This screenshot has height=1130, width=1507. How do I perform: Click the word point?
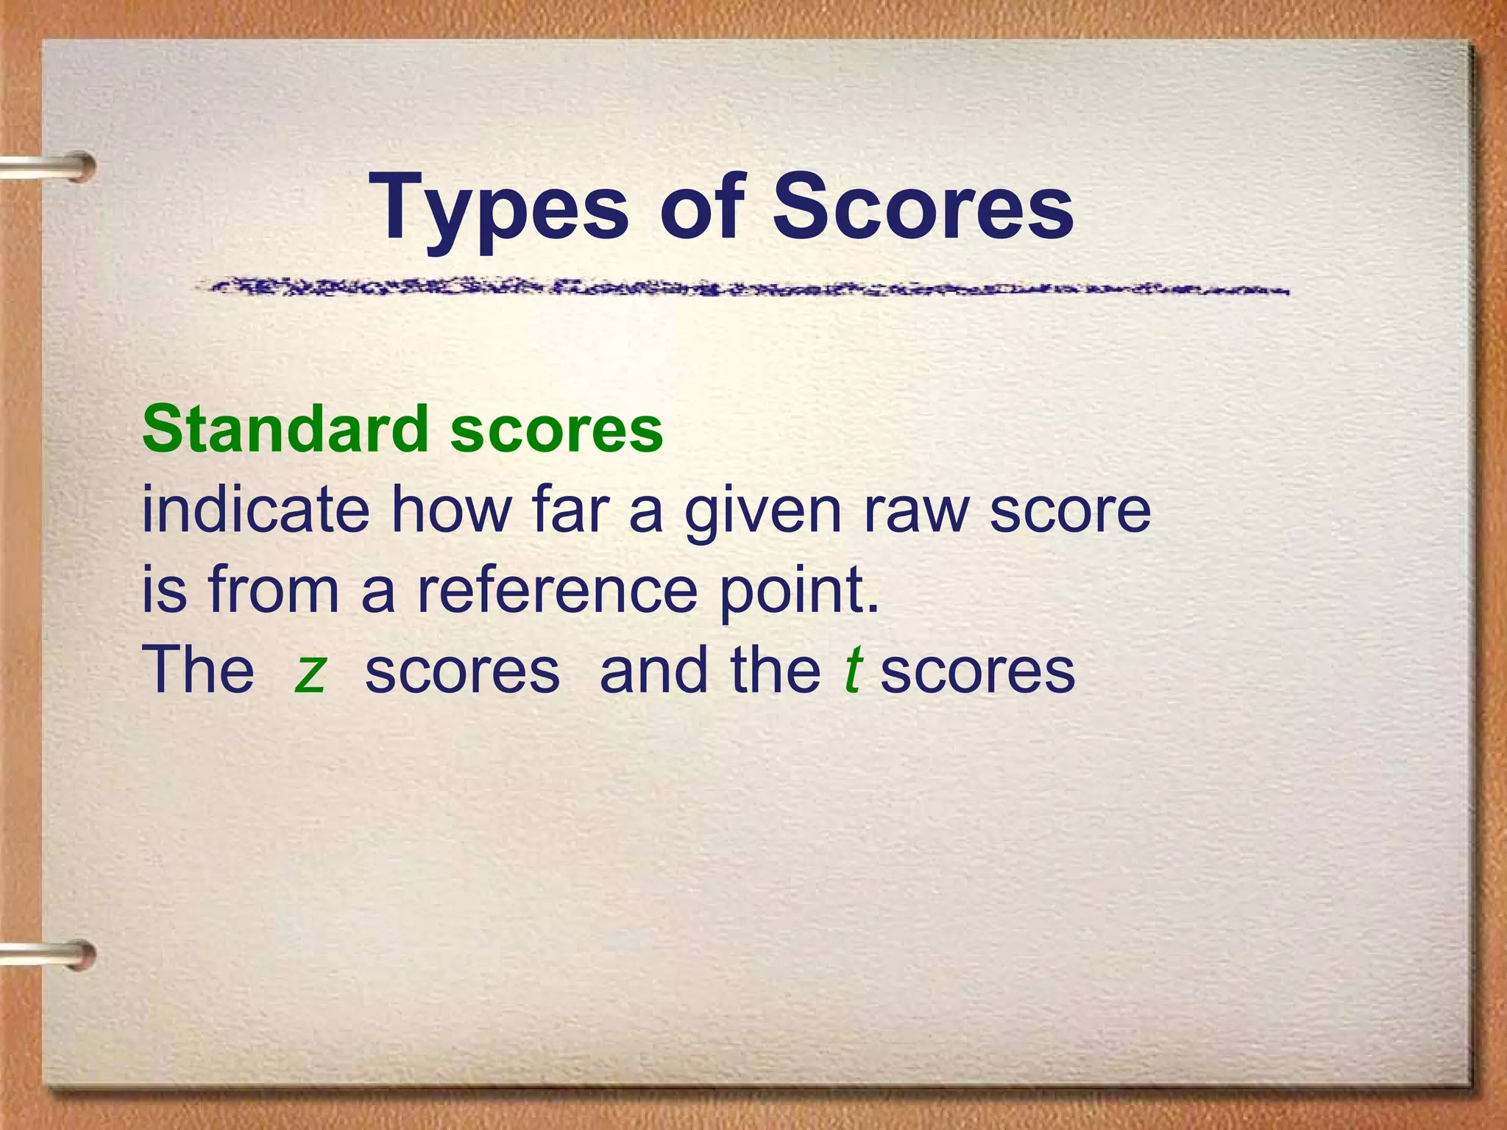pos(799,591)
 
